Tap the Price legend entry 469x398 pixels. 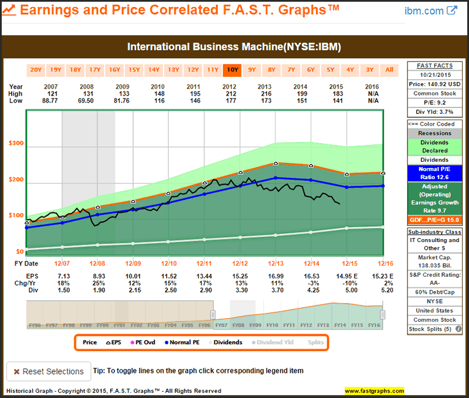coord(90,342)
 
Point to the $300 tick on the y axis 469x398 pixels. coord(15,144)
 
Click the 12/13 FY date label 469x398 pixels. coord(275,263)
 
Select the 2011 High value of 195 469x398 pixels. coord(205,94)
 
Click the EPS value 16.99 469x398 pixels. coord(275,275)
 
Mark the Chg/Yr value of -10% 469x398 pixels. coord(346,283)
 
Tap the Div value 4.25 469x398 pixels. coord(311,290)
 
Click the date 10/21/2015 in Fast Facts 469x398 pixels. coord(435,75)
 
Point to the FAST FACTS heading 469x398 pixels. coord(435,66)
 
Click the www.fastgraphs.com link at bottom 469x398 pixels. coord(375,391)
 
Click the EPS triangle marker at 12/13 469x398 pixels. coord(276,163)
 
